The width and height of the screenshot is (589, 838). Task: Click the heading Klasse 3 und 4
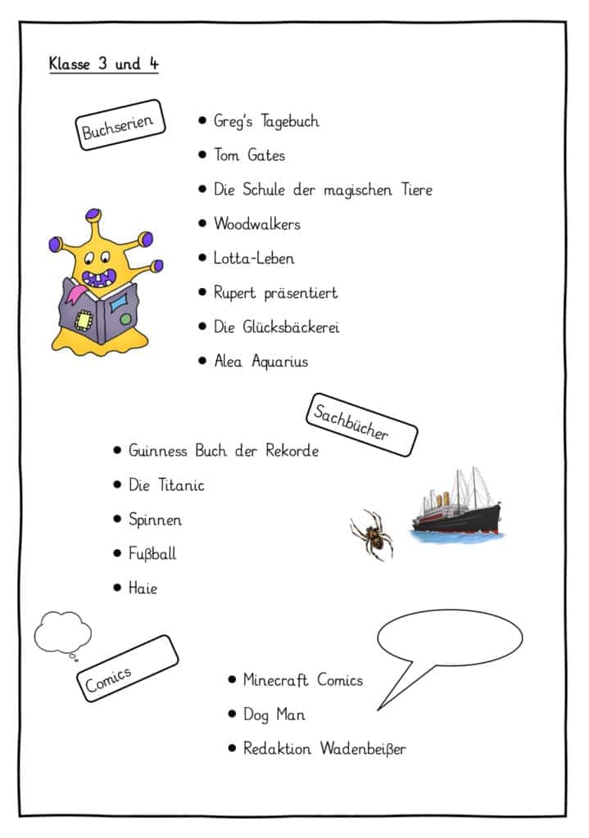(103, 64)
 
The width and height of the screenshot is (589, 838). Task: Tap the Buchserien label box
(122, 125)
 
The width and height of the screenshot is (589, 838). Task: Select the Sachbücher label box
(361, 425)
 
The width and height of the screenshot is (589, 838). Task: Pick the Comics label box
(128, 669)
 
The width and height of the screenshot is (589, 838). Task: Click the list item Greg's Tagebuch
(266, 122)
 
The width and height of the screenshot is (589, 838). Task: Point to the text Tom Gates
(249, 155)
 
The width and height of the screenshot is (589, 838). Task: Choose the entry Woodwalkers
(256, 223)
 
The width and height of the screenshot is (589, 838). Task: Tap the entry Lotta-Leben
(254, 259)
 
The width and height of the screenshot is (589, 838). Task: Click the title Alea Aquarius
(261, 362)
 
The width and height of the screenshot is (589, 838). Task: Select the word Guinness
(158, 451)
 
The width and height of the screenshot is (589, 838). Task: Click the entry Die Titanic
(166, 485)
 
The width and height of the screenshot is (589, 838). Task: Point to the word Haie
(143, 588)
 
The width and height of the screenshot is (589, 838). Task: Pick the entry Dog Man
(274, 714)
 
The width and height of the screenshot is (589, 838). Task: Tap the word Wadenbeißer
(363, 749)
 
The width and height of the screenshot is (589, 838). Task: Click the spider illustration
(372, 534)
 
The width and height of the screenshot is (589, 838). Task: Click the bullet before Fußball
(117, 554)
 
